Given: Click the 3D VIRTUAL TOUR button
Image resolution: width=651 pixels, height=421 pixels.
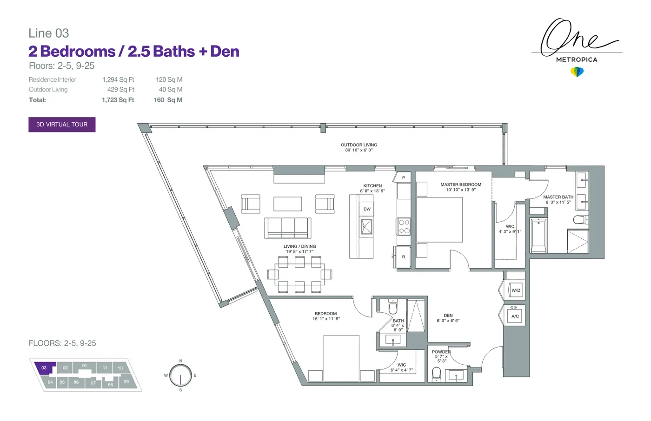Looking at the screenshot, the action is tap(62, 125).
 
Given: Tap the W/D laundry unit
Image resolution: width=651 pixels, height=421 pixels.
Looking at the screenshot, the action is tap(516, 290).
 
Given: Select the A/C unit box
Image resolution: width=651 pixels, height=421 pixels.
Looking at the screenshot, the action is tap(515, 316).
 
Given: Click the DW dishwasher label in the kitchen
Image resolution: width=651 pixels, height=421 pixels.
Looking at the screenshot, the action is tap(367, 209).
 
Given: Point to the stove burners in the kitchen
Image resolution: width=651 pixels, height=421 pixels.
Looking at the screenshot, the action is tap(404, 227).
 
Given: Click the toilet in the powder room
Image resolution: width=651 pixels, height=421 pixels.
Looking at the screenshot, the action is tap(437, 374).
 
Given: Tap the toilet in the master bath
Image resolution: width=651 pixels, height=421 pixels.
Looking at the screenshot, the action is tap(580, 220).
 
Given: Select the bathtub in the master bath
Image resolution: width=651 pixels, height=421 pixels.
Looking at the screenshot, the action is tap(538, 236).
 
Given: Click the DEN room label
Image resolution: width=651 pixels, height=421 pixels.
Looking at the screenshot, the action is tap(448, 316).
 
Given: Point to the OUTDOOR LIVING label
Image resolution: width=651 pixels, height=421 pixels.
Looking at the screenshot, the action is tap(359, 145).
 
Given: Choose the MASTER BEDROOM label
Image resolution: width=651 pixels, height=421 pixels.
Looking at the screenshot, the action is tap(461, 184).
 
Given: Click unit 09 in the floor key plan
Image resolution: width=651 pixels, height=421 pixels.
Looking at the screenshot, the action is tap(126, 382).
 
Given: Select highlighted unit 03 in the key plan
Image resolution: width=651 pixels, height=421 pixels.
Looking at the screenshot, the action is tap(44, 368).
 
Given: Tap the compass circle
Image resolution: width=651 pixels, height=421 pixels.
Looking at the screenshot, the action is tap(180, 375).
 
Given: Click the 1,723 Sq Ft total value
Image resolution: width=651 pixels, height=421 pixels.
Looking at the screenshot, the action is tap(118, 100).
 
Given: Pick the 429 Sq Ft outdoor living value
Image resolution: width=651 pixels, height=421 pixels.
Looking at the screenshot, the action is tap(120, 89).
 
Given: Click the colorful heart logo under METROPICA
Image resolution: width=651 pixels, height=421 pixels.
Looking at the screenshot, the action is tap(577, 72).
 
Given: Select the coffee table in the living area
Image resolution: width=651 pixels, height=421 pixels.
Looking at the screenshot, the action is tap(287, 204).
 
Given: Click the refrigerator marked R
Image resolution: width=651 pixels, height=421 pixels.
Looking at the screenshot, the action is tap(404, 257).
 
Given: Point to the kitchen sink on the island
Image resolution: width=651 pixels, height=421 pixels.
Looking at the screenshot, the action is tap(366, 226).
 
